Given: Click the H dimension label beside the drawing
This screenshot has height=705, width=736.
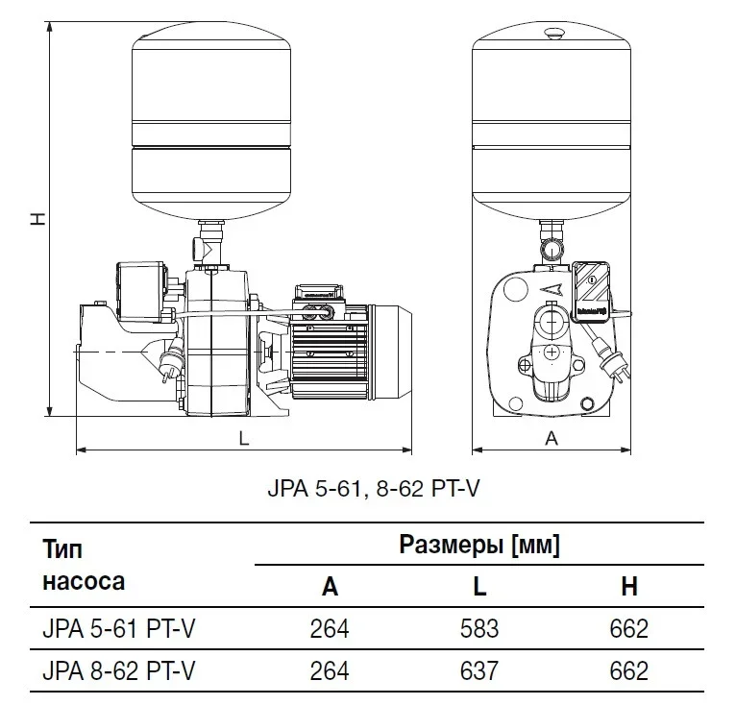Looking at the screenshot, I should (x=37, y=219).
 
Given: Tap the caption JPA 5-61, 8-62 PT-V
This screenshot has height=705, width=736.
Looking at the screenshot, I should (x=372, y=489).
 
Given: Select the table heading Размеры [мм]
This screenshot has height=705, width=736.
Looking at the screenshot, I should (x=478, y=546).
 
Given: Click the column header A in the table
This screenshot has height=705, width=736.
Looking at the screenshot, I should (x=330, y=587).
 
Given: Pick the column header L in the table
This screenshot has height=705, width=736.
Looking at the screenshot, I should (x=479, y=587).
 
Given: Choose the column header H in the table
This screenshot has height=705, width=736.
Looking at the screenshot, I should (x=629, y=587).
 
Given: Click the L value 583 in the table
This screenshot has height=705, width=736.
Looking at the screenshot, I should (x=479, y=629).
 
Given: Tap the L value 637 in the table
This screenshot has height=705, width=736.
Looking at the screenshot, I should (x=479, y=670).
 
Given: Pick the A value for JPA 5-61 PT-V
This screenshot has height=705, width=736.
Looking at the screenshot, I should (x=330, y=629).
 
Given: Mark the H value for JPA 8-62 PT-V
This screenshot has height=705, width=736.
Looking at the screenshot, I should (x=629, y=670).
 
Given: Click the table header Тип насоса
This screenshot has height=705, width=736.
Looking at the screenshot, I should (x=84, y=566).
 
